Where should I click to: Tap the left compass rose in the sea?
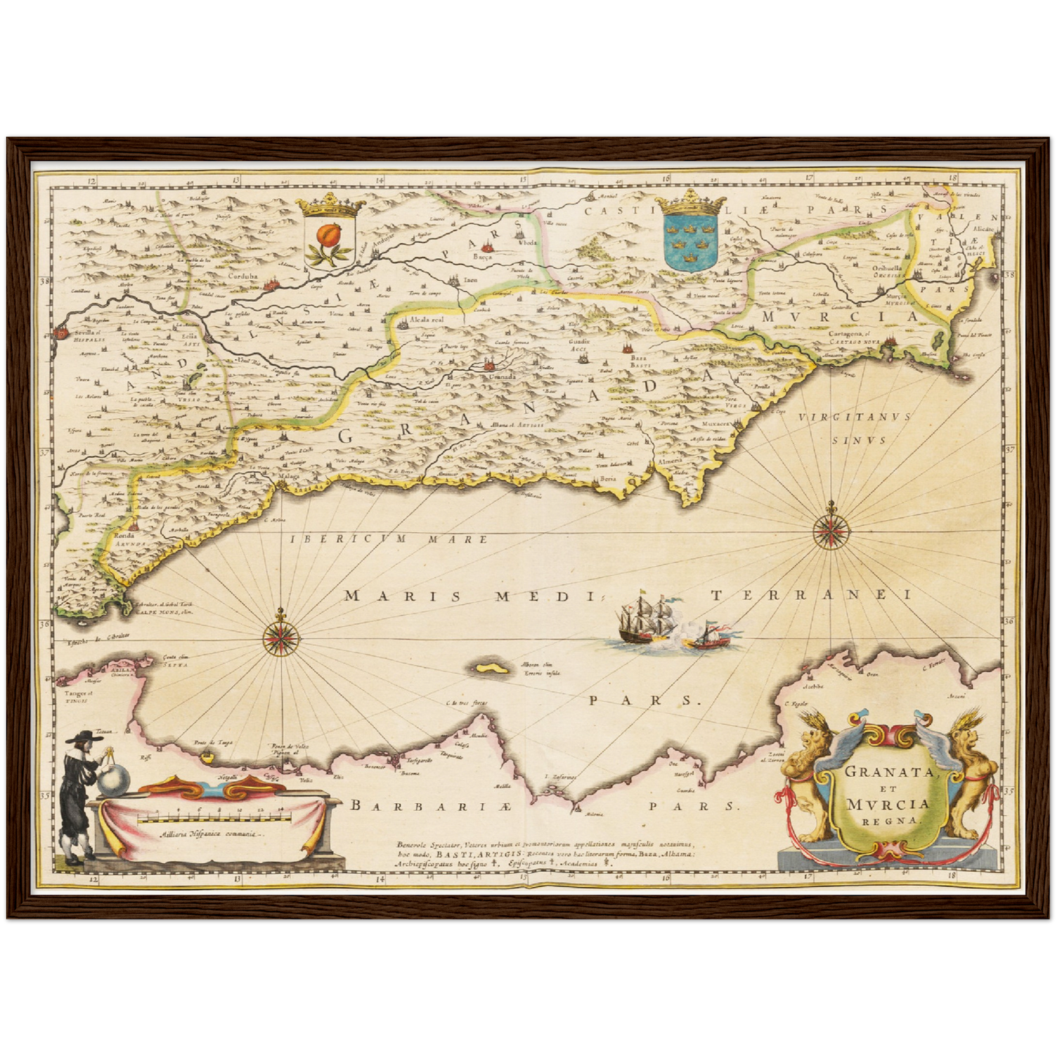pyautogui.click(x=281, y=634)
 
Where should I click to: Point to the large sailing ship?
pyautogui.click(x=645, y=620)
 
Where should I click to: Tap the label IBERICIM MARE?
pyautogui.click(x=388, y=539)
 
